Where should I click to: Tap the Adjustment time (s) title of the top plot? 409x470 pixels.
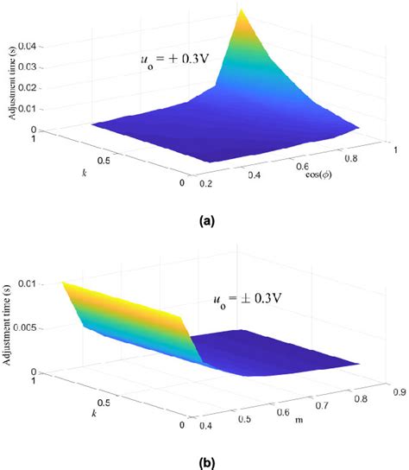coord(12,84)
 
